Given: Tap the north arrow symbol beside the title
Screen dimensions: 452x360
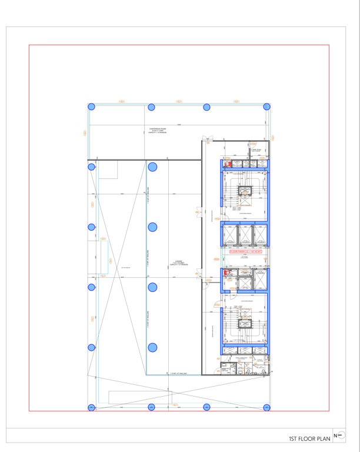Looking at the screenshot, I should (338, 436).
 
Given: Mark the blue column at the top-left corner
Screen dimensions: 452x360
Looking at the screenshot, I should (91, 107).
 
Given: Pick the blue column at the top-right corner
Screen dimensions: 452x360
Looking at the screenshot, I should (268, 107).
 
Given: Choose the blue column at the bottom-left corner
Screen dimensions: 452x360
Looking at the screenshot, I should (91, 408).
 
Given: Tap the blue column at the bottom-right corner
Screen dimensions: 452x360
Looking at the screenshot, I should (268, 408).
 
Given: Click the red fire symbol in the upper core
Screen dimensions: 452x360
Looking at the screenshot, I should (225, 167).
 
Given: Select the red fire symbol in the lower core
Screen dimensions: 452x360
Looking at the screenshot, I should (225, 272).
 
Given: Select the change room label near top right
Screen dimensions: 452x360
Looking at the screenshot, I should (255, 151).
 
